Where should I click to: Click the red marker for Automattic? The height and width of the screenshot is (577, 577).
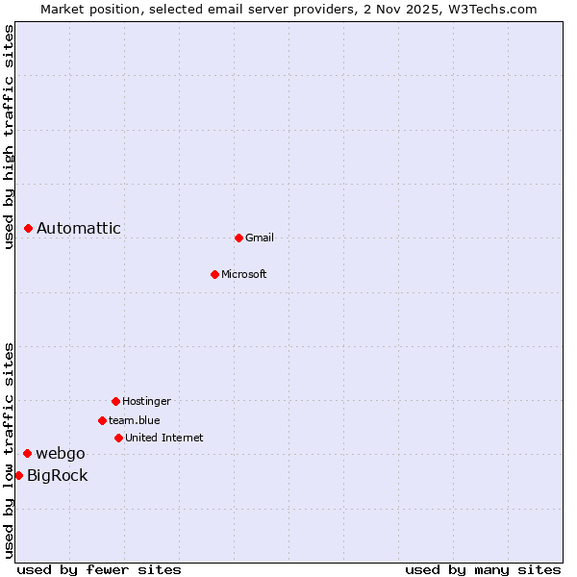point(29,228)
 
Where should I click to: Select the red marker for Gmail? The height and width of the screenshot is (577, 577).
point(238,238)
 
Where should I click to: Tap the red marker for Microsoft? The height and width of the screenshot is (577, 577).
point(214,274)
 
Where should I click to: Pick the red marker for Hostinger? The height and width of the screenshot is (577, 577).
point(115,401)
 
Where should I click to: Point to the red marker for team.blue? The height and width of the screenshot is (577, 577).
point(102,420)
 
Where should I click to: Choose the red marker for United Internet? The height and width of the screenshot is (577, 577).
point(118,438)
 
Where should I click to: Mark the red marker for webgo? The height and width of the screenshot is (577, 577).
point(28,453)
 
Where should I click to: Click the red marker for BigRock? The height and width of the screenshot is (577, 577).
point(18,475)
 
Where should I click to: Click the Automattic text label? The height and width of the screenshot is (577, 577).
point(79,228)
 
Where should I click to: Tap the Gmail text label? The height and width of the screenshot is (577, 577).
point(260,238)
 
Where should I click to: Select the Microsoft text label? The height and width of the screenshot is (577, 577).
point(244,274)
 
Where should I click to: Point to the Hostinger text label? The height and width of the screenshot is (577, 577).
point(146,401)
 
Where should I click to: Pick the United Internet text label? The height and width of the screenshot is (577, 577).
point(164,438)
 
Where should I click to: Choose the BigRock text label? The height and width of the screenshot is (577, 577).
point(58,475)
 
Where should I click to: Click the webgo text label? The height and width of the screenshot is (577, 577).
point(61,453)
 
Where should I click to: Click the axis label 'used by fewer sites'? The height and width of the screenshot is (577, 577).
point(99,569)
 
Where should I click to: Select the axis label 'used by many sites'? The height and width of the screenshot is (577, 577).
point(483,569)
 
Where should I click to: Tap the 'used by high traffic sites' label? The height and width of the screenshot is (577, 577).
point(9,137)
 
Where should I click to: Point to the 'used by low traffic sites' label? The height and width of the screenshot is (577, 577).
point(9,450)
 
